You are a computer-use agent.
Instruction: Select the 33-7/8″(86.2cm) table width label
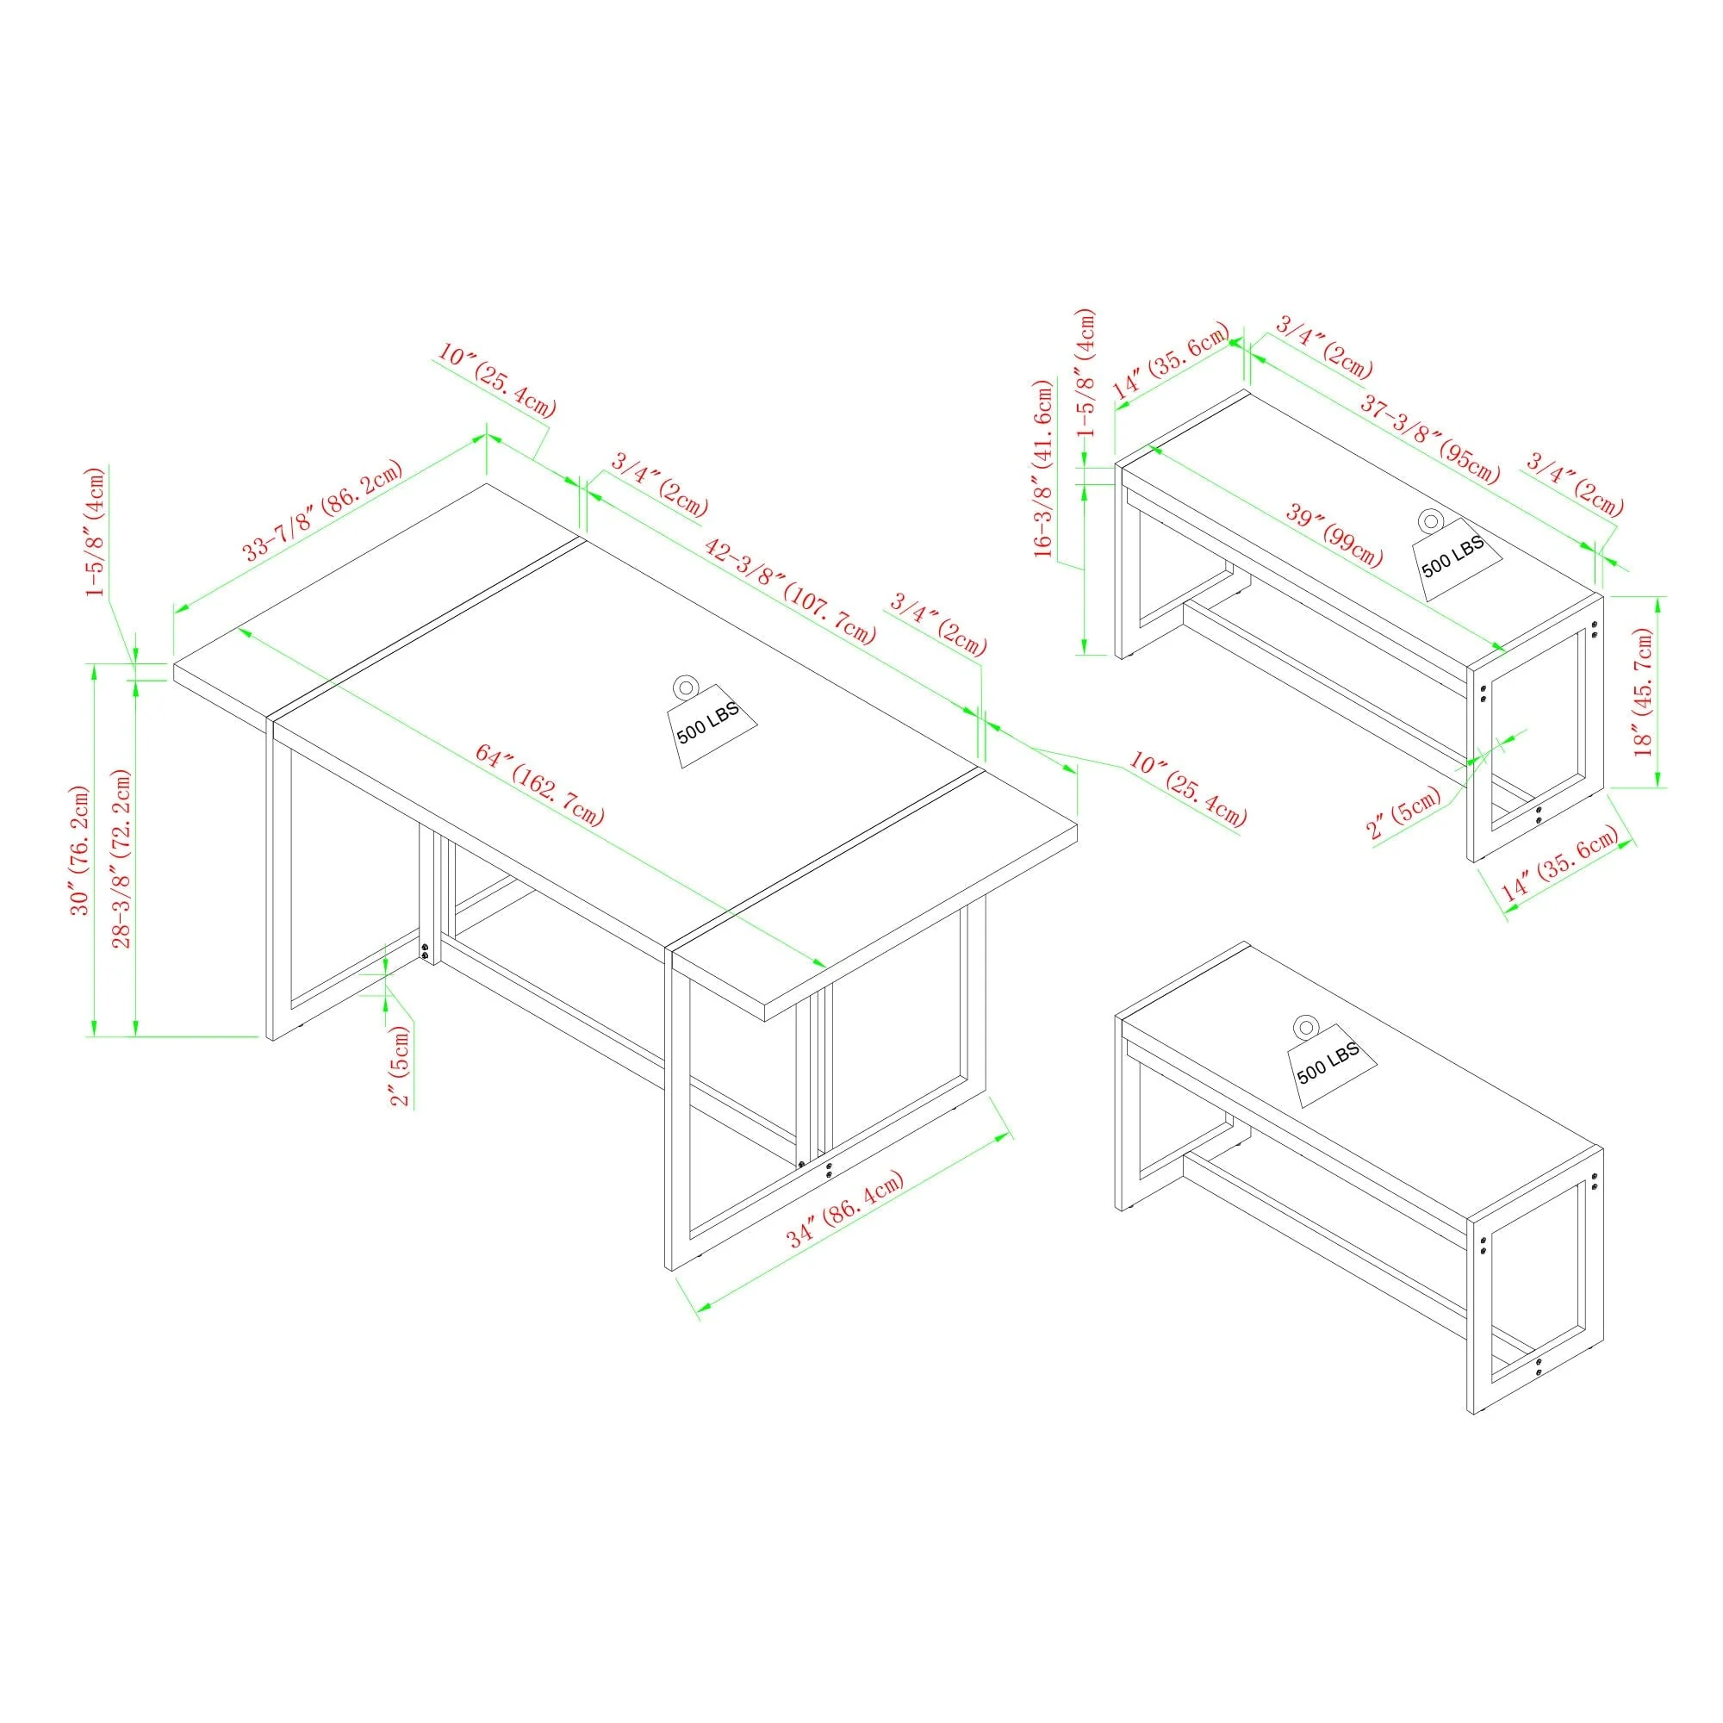323,509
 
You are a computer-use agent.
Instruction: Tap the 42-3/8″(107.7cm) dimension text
790,589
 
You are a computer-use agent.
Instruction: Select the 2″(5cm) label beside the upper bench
1403,812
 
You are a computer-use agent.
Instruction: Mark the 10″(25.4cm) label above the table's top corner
497,381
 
